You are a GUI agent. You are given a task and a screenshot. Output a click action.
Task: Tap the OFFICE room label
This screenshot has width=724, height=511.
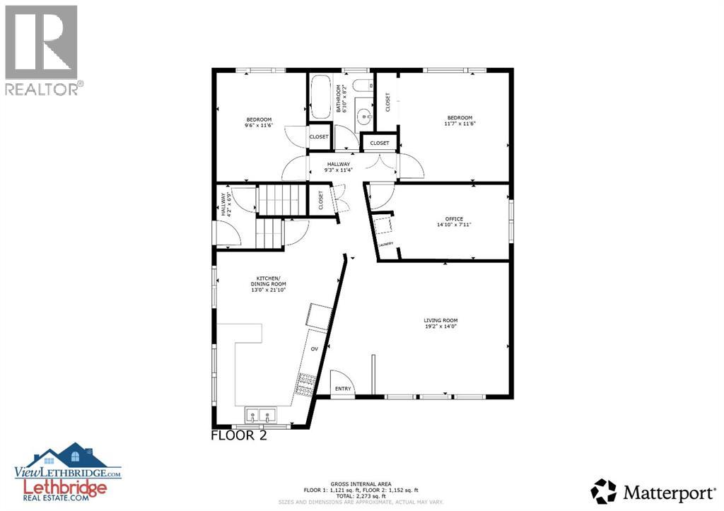tap(453, 222)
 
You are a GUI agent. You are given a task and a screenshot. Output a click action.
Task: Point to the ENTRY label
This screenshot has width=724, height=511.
tap(343, 389)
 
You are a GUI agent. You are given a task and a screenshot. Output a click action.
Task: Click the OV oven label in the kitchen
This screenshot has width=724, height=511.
tap(315, 349)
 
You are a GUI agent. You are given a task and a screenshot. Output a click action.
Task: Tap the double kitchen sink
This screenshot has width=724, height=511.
tap(260, 415)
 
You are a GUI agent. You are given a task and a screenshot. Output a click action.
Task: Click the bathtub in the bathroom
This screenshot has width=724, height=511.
tap(319, 97)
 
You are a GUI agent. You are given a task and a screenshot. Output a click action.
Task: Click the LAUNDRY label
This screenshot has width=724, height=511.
tap(385, 245)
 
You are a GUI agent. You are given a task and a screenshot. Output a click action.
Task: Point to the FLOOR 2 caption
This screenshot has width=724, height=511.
tap(239, 435)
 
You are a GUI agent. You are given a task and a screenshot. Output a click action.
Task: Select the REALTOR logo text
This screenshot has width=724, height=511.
tap(42, 88)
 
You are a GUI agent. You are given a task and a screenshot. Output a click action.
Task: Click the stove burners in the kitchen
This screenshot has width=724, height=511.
tap(307, 384)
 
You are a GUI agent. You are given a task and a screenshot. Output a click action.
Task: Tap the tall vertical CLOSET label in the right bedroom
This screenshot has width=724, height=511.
tap(387, 102)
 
